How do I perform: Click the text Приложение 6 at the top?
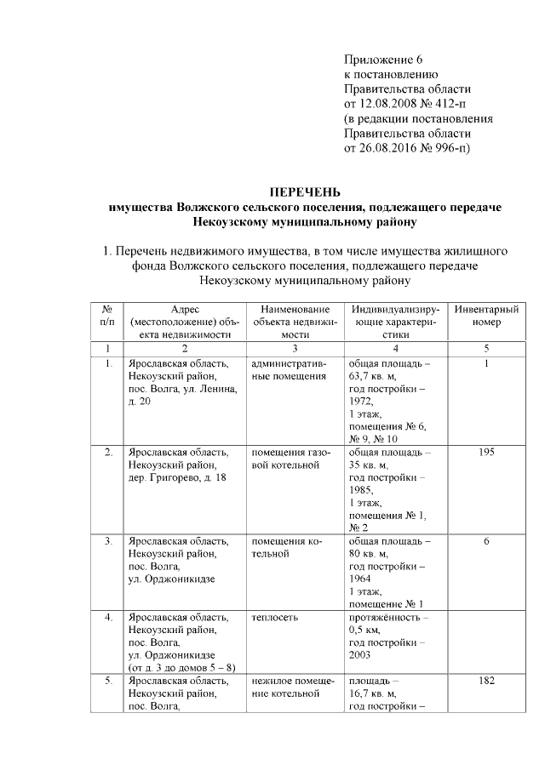point(383,59)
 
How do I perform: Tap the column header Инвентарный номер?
point(487,316)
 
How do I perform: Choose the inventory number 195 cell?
point(487,452)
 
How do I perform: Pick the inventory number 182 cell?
point(487,682)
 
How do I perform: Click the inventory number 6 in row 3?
point(487,541)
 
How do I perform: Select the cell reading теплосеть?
point(274,618)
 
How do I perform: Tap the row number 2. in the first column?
point(108,452)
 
